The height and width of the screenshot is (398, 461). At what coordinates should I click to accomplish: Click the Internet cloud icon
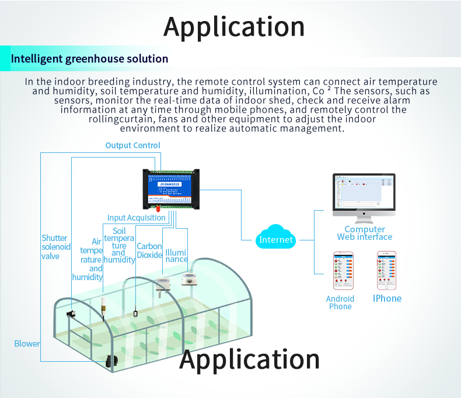click(276, 238)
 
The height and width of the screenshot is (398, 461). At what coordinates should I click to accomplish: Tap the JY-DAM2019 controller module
click(171, 188)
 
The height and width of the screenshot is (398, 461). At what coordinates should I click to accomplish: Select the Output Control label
click(132, 145)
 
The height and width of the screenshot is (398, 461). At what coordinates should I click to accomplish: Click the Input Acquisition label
click(137, 218)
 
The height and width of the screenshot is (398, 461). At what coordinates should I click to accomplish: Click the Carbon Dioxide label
click(149, 250)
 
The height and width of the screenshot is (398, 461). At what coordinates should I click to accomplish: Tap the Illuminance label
click(176, 256)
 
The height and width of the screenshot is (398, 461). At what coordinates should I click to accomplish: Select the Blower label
click(27, 344)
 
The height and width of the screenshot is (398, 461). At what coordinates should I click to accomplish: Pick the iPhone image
click(386, 271)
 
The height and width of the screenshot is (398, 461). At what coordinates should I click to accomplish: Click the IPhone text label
click(387, 299)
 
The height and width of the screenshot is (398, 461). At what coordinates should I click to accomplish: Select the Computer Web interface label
click(365, 233)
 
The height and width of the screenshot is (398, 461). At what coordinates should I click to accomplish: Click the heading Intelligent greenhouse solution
click(90, 59)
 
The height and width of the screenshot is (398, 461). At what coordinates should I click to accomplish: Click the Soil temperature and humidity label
click(119, 246)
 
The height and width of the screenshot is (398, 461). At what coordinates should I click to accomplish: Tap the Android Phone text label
click(340, 303)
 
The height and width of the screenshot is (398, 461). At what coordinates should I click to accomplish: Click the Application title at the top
click(234, 27)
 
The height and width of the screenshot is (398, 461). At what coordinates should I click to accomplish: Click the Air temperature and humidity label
click(91, 260)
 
